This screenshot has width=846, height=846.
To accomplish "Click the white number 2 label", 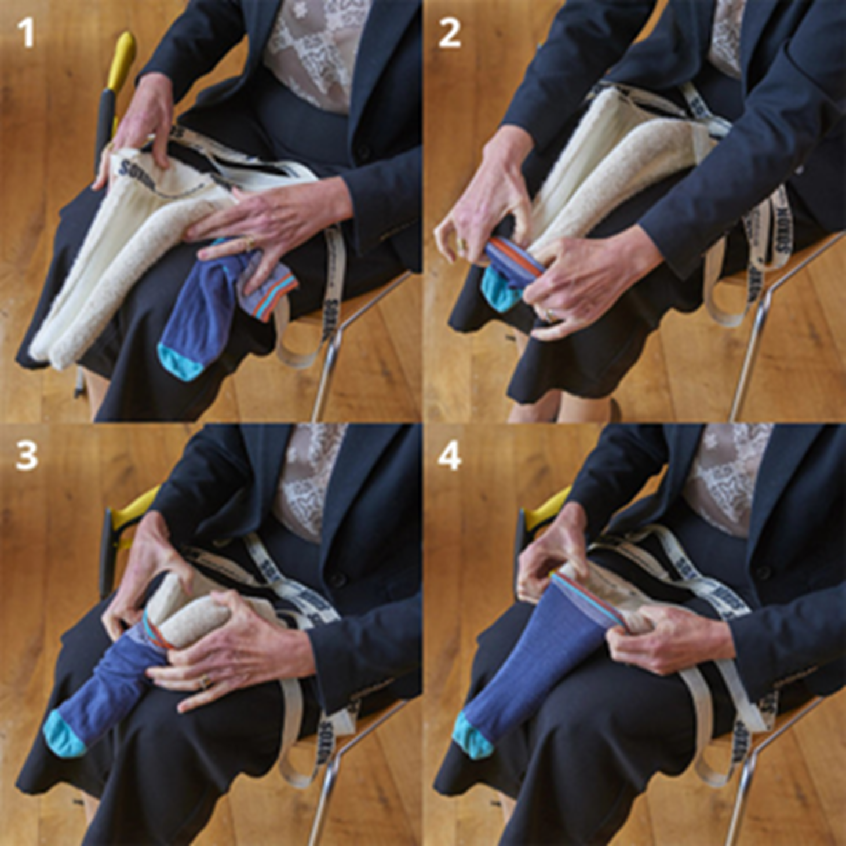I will (x=450, y=33).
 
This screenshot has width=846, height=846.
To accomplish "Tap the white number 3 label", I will (x=27, y=456).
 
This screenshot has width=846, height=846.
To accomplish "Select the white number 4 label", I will (x=450, y=456).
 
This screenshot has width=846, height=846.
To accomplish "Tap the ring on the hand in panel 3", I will (x=204, y=682).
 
